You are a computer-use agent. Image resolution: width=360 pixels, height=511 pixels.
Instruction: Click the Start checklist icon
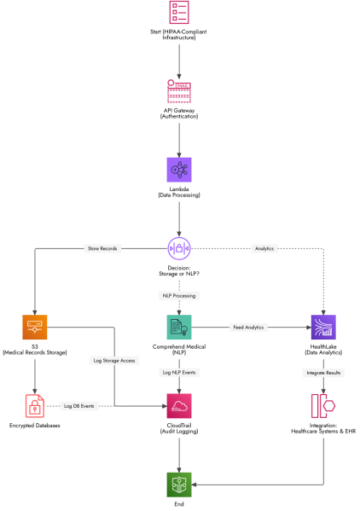(179, 13)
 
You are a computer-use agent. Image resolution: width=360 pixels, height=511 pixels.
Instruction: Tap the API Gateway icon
(179, 91)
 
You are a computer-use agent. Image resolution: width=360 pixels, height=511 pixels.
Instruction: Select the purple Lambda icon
(179, 170)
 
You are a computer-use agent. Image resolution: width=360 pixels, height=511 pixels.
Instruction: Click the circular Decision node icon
(179, 248)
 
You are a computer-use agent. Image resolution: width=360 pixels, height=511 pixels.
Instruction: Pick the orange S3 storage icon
(34, 328)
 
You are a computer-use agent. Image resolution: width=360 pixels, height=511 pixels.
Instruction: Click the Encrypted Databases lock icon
(34, 406)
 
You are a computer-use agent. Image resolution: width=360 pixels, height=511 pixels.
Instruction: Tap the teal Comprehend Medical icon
(179, 328)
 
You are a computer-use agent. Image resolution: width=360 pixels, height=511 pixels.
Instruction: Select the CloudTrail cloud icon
(179, 406)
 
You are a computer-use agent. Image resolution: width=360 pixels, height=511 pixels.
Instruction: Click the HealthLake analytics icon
(323, 328)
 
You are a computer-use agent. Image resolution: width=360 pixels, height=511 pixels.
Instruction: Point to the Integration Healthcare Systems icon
(323, 406)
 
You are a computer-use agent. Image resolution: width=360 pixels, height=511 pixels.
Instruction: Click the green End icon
(179, 485)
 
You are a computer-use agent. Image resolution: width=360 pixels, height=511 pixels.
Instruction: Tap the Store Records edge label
(102, 248)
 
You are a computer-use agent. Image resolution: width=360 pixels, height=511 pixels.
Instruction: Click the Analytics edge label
(264, 248)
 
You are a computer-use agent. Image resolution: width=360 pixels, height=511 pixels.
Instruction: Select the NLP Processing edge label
(179, 295)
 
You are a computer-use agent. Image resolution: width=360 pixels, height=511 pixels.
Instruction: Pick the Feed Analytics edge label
(248, 328)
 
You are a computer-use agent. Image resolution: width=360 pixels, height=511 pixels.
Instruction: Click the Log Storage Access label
(114, 361)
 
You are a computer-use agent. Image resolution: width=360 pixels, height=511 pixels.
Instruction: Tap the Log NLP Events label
(179, 373)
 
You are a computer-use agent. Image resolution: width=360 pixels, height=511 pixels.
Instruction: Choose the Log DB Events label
(78, 406)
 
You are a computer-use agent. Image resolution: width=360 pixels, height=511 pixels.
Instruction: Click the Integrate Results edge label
(323, 373)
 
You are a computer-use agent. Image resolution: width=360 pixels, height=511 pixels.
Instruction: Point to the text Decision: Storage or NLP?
(179, 270)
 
